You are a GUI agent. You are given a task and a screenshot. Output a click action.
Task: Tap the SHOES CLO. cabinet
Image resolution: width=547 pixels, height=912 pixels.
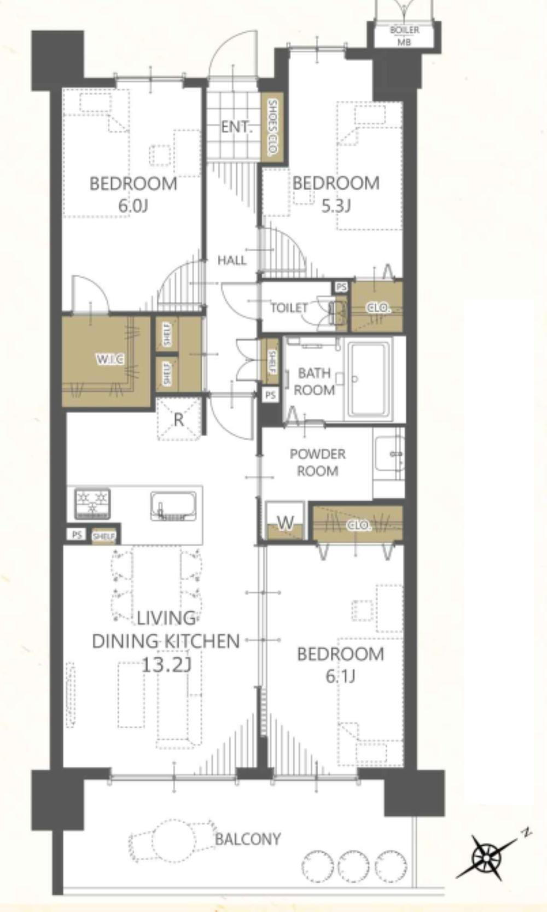tap(272, 127)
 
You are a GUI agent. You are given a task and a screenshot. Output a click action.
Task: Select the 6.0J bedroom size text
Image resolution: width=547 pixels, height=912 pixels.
tap(133, 206)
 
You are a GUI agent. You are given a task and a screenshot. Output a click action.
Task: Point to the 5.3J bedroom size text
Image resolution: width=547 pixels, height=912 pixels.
tap(336, 206)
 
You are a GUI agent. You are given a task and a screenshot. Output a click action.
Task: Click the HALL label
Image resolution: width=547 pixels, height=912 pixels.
tap(232, 260)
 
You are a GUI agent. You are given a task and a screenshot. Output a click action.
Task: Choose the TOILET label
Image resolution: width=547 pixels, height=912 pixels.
tap(289, 308)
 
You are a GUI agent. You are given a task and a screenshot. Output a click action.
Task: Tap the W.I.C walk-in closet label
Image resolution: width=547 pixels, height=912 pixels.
tap(110, 360)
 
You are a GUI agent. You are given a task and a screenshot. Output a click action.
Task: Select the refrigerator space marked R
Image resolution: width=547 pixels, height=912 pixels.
tap(179, 419)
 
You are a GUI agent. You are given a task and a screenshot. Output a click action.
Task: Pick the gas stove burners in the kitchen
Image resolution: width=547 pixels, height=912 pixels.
tap(92, 504)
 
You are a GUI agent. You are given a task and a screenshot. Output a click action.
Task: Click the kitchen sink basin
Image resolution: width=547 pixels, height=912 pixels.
tap(173, 506)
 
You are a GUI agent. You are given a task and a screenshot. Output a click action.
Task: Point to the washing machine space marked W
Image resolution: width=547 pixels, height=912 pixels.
tap(285, 522)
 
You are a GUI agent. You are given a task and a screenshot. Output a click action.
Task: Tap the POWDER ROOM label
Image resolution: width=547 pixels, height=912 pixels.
tap(318, 463)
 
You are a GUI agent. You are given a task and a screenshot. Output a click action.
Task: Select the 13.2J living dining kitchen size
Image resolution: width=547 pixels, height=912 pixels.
tap(166, 665)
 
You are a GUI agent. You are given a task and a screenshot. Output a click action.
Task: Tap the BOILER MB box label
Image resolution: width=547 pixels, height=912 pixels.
tap(404, 36)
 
